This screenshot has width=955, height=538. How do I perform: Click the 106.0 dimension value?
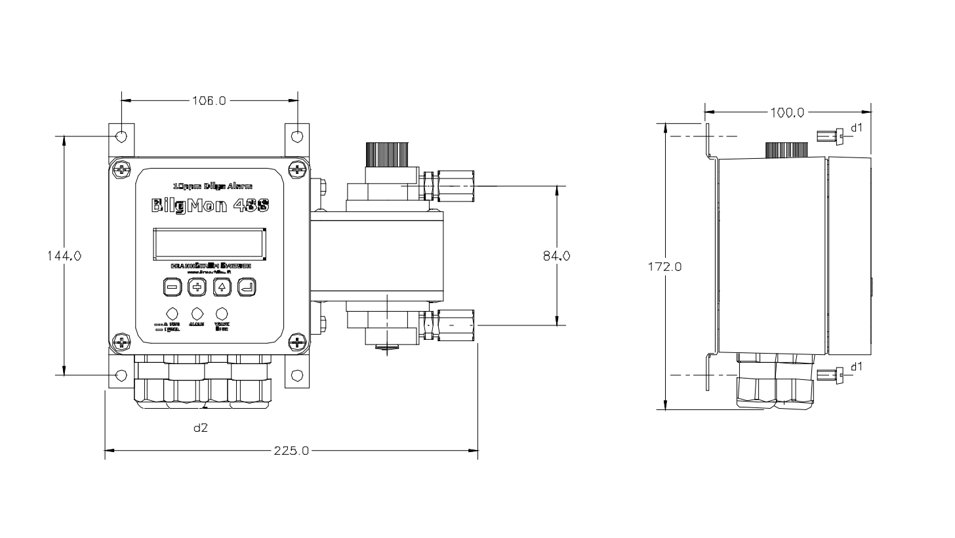pyautogui.click(x=209, y=101)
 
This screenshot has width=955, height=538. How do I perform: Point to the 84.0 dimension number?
pyautogui.click(x=556, y=256)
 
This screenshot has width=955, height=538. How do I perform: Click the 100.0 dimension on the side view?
pyautogui.click(x=787, y=112)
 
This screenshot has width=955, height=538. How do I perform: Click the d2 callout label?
pyautogui.click(x=201, y=428)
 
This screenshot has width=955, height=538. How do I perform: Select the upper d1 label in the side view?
pyautogui.click(x=857, y=128)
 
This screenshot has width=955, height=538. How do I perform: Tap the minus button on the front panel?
pyautogui.click(x=172, y=287)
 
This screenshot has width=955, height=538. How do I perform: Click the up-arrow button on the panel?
pyautogui.click(x=222, y=287)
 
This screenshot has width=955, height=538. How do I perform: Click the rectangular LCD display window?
pyautogui.click(x=210, y=243)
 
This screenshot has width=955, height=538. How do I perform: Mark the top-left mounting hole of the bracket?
pyautogui.click(x=121, y=136)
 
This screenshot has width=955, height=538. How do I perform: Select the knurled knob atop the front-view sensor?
pyautogui.click(x=387, y=155)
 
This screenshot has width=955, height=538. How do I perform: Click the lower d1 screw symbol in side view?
pyautogui.click(x=828, y=376)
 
